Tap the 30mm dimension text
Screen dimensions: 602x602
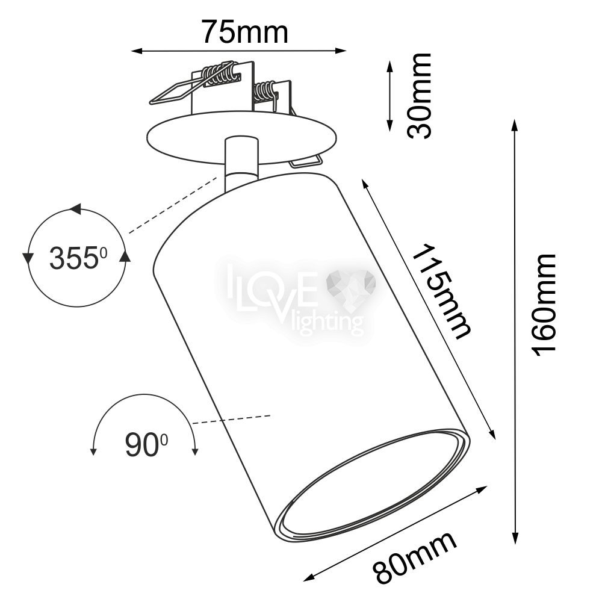pos(419,96)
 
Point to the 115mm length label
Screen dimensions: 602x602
pos(441,292)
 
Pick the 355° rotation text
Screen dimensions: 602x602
pos(78,258)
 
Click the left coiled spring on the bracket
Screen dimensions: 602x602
pos(220,75)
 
